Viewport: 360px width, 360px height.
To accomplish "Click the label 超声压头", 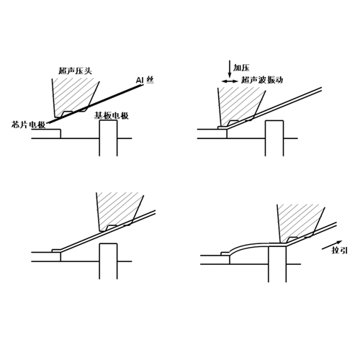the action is [x=76, y=71].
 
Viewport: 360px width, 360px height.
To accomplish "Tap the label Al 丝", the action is [x=145, y=80].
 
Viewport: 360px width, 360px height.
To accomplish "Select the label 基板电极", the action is [x=111, y=116].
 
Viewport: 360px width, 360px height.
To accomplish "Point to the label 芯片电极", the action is [x=28, y=125].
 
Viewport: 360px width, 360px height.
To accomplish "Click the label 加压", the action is [x=241, y=68].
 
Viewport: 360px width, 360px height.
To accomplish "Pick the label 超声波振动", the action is [x=262, y=80].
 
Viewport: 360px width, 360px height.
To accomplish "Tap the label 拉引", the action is [x=339, y=251].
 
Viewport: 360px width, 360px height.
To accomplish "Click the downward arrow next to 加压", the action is [x=230, y=69].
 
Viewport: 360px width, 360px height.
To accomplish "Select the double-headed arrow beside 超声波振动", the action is [x=230, y=81].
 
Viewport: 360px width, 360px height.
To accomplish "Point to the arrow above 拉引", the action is [x=332, y=245].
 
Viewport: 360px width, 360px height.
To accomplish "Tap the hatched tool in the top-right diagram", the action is [x=240, y=107].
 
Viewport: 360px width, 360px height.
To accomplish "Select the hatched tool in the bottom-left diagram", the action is [x=120, y=212].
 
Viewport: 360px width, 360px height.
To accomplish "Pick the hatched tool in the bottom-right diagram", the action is [x=300, y=224].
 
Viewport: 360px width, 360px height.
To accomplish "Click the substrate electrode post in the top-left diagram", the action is [x=108, y=138].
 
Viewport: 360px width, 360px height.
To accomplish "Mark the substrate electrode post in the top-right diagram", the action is [x=274, y=138].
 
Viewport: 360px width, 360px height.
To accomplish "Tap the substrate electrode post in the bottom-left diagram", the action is [x=108, y=261].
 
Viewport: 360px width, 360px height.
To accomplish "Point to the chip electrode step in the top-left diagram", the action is [x=46, y=134].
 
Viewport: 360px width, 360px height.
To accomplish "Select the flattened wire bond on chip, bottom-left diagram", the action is [x=57, y=251].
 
